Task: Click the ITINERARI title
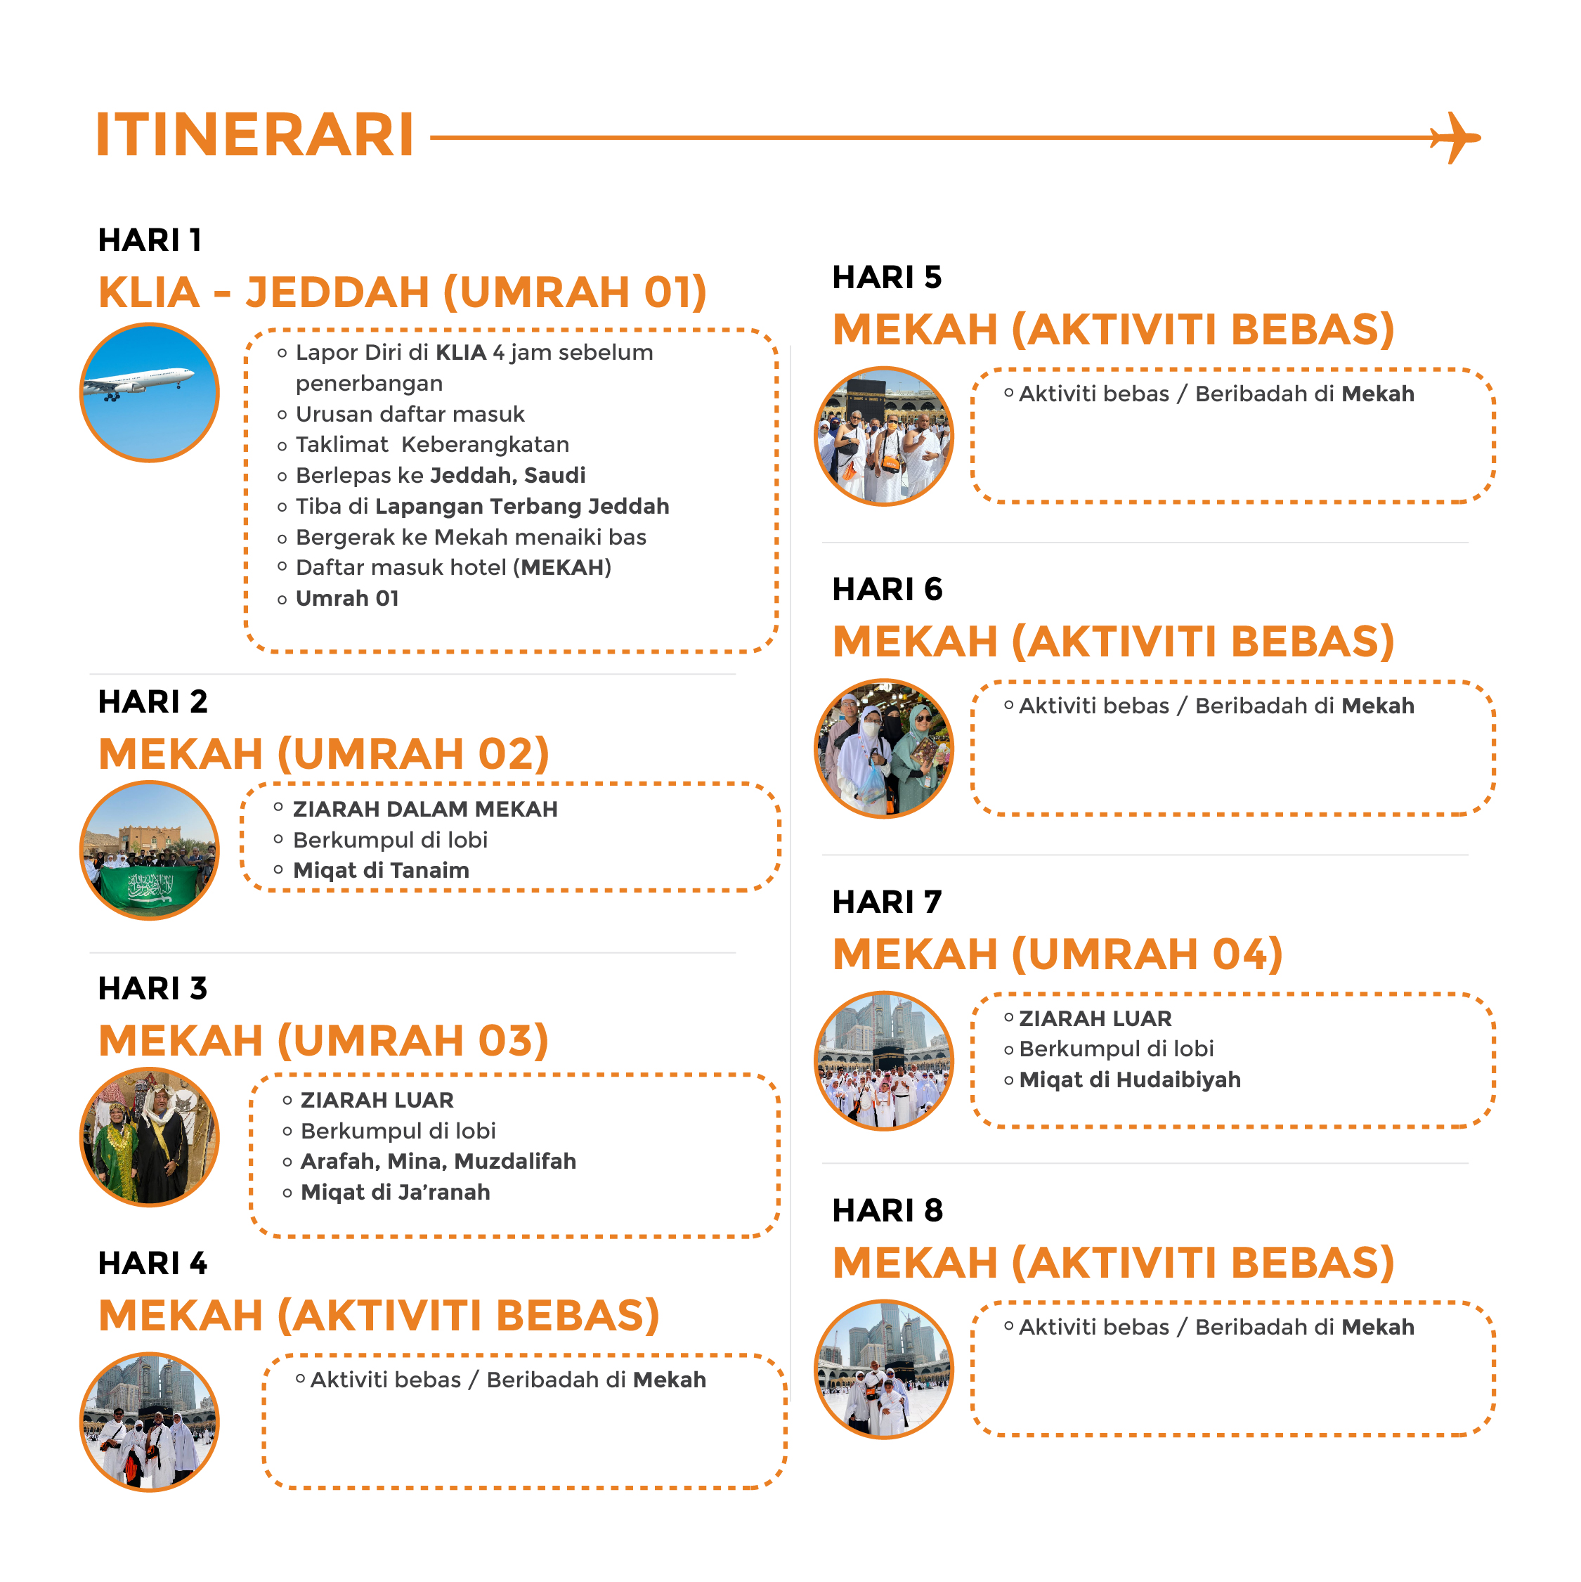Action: click(254, 134)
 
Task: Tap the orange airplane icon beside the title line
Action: click(1456, 138)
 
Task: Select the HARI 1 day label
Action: click(150, 240)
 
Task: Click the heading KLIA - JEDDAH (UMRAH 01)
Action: click(403, 292)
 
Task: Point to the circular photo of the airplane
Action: click(149, 392)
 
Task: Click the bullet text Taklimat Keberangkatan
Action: click(432, 445)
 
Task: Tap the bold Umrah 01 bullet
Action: click(347, 599)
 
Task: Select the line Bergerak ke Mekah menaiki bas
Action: click(471, 537)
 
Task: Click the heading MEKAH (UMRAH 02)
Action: click(324, 753)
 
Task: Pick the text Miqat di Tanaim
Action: click(382, 871)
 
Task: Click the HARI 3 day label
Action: click(153, 988)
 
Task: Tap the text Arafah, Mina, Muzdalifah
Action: click(438, 1161)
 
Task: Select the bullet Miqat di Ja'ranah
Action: click(396, 1192)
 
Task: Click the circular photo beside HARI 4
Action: click(149, 1422)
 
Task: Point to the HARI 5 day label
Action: click(887, 278)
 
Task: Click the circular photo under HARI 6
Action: click(884, 748)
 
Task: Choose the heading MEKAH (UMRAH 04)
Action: click(1058, 954)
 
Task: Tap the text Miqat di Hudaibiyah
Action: click(1130, 1080)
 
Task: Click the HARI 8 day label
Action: click(887, 1210)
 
